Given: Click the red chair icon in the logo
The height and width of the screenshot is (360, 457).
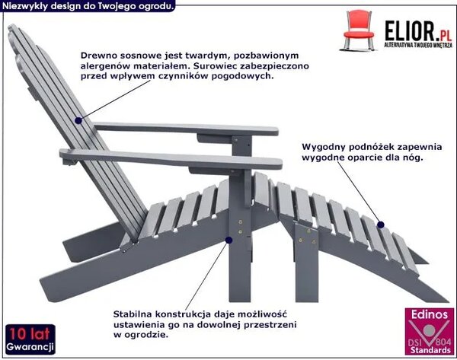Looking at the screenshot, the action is click(x=359, y=30).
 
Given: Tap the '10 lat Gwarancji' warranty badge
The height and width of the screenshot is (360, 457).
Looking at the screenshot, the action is click(x=30, y=339).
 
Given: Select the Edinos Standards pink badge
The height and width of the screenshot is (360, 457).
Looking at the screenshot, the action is click(x=430, y=332).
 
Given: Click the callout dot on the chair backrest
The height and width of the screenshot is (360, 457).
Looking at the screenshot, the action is click(x=78, y=120).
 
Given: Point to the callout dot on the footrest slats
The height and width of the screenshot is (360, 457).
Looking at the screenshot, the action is click(x=381, y=225).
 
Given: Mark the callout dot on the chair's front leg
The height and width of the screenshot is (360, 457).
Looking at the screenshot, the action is click(x=228, y=240).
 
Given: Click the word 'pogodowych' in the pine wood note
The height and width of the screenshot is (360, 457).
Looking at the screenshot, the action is click(x=241, y=76).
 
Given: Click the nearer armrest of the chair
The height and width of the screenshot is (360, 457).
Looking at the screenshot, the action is click(x=171, y=159).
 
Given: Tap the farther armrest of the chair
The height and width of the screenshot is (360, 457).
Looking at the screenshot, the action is click(x=186, y=129).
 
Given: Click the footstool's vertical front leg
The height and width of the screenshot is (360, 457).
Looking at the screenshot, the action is click(x=307, y=262).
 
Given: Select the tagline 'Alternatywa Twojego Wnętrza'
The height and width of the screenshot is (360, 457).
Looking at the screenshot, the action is click(x=418, y=45).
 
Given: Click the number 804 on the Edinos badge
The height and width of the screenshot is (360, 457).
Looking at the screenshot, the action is click(x=444, y=341).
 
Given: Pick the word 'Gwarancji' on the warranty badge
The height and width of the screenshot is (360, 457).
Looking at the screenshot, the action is click(x=30, y=347).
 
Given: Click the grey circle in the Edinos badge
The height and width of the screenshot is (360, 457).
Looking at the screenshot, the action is click(x=429, y=330).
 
